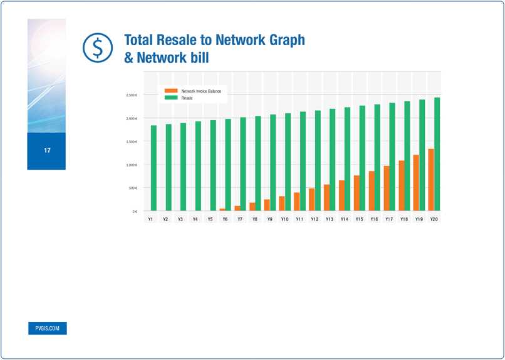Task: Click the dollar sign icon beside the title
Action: pyautogui.click(x=96, y=48)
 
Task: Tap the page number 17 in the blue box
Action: pyautogui.click(x=47, y=151)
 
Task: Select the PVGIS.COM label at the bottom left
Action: pyautogui.click(x=47, y=329)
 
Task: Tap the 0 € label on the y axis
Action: pyautogui.click(x=135, y=212)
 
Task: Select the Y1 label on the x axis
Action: pyautogui.click(x=150, y=220)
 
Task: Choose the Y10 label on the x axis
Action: pyautogui.click(x=284, y=220)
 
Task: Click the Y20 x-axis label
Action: pyautogui.click(x=434, y=220)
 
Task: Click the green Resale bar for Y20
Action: pyautogui.click(x=437, y=154)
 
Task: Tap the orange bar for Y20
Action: pyautogui.click(x=430, y=180)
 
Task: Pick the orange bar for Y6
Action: pyautogui.click(x=222, y=210)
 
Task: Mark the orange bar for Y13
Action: pyautogui.click(x=326, y=198)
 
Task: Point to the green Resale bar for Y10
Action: pyautogui.click(x=288, y=162)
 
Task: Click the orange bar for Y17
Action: pyautogui.click(x=386, y=188)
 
